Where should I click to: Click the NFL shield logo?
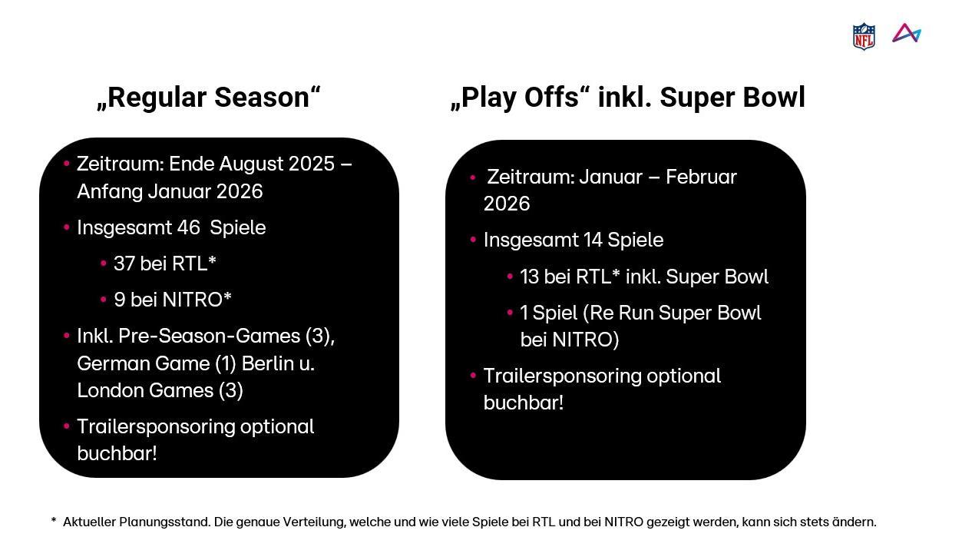864,36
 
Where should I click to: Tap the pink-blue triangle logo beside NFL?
907,33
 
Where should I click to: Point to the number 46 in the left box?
188,227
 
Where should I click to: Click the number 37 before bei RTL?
124,264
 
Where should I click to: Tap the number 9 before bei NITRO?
119,300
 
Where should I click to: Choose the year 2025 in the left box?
312,164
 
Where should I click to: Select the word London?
109,390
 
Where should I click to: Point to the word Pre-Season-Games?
209,336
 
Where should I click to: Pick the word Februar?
701,177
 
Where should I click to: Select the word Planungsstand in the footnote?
164,522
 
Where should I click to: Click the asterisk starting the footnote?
54,520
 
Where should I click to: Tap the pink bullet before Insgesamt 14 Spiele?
473,240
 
